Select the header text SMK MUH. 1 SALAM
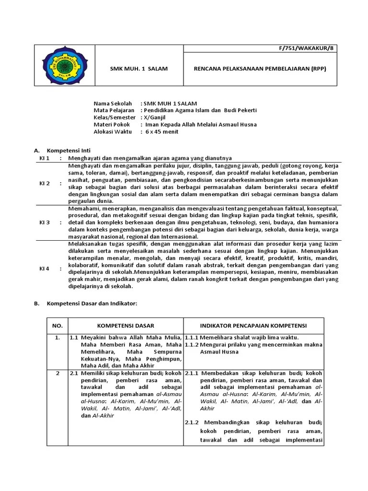point(139,69)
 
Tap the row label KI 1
point(45,158)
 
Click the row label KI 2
point(45,183)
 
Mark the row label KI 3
point(45,223)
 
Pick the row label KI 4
point(45,269)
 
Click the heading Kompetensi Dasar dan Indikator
point(92,304)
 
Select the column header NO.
point(57,326)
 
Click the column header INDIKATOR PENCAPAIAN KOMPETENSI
point(253,326)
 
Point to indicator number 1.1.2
point(192,345)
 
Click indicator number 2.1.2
point(193,423)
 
